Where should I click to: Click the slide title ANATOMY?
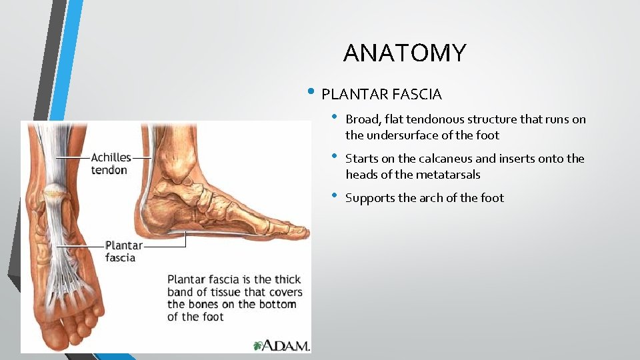405,53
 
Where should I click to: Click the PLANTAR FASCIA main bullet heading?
381,94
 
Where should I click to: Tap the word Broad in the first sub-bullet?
361,119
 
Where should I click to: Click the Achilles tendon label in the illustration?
111,163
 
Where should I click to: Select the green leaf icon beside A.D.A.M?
259,345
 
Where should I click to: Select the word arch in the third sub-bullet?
437,198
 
